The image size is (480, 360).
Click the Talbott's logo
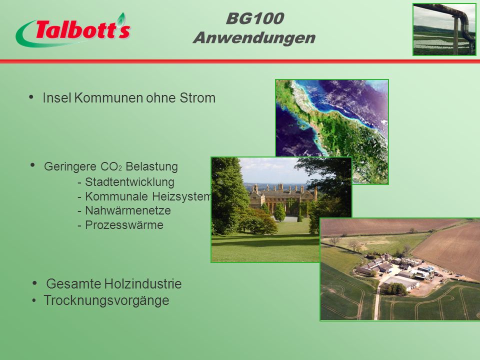click(73, 30)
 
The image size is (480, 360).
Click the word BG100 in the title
click(255, 18)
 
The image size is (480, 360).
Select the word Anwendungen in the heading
click(254, 38)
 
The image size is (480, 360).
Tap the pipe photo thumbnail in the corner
click(444, 29)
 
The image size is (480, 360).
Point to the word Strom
click(197, 98)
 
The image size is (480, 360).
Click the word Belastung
click(152, 166)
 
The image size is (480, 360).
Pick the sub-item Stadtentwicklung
click(130, 182)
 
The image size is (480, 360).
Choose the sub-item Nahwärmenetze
click(128, 210)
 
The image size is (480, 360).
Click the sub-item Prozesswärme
click(124, 225)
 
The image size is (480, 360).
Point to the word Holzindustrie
click(143, 284)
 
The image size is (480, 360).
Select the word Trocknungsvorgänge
click(106, 300)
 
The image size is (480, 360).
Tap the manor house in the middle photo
click(281, 199)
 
